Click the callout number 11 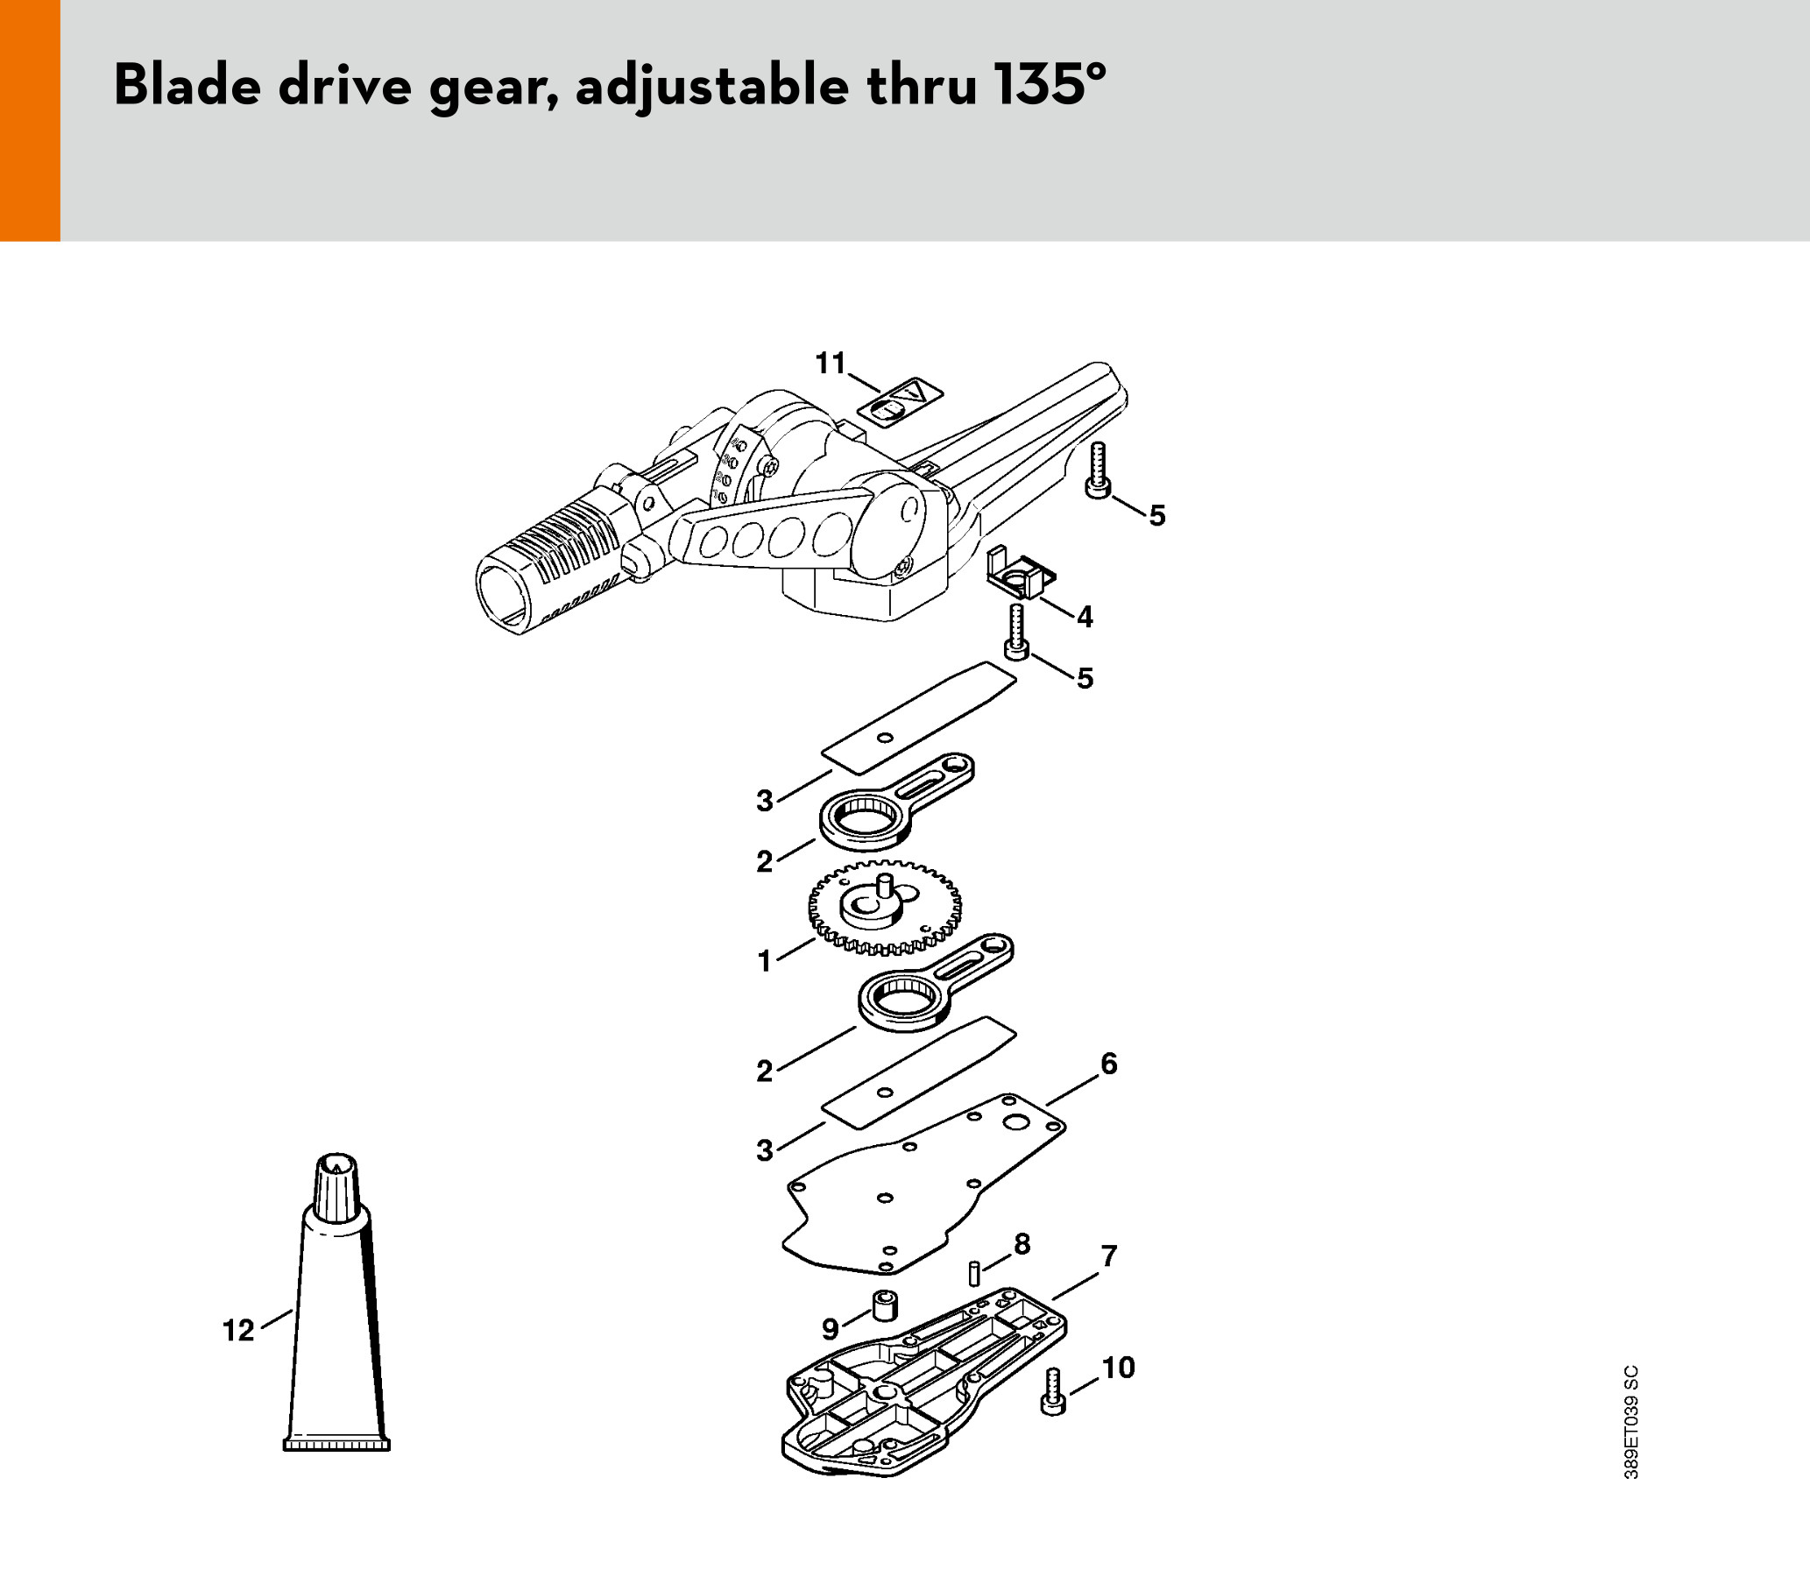pos(831,363)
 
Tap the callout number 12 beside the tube pos(238,1330)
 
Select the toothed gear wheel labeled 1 pos(885,915)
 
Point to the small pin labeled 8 pos(973,1273)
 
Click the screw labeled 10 pos(1054,1391)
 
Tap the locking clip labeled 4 pos(1021,574)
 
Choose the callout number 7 pos(1110,1255)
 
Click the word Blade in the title pos(187,85)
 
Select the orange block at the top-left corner pos(30,120)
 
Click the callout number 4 pos(1085,617)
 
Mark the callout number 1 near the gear pos(765,961)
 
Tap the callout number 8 pos(1022,1243)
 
